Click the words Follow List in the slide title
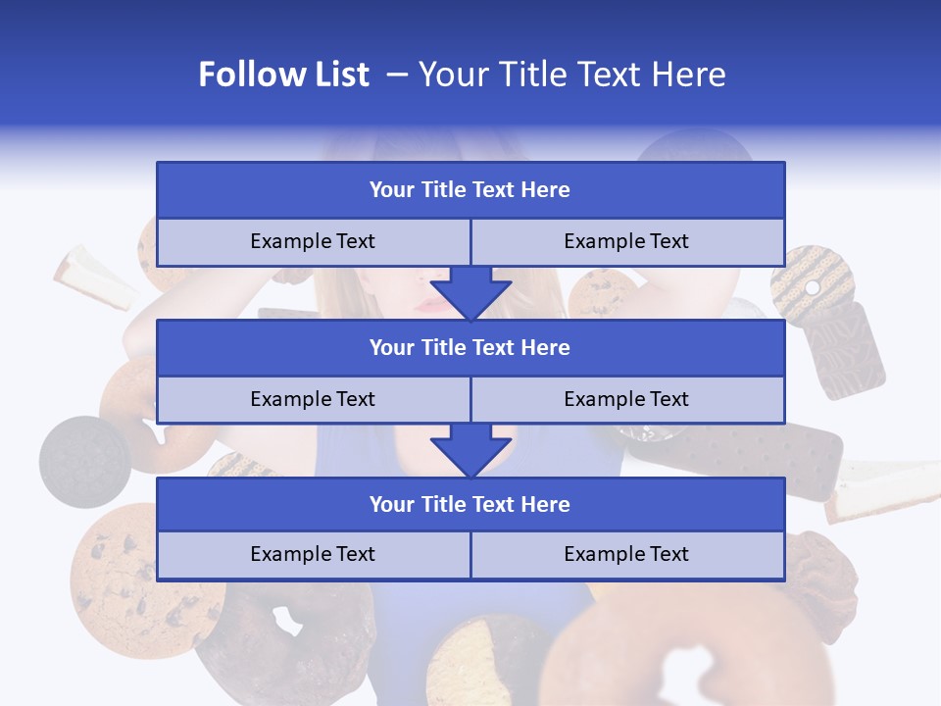(283, 75)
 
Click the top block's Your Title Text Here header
(470, 190)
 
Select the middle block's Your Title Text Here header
(470, 347)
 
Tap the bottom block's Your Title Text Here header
(470, 504)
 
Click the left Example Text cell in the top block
(313, 241)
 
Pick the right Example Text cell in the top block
(626, 241)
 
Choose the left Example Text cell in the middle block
(313, 399)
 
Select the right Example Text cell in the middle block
(626, 399)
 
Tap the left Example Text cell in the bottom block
(313, 554)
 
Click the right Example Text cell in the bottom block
(626, 554)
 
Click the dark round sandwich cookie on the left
(84, 461)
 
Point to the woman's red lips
(431, 303)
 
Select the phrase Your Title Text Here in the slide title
(572, 75)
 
